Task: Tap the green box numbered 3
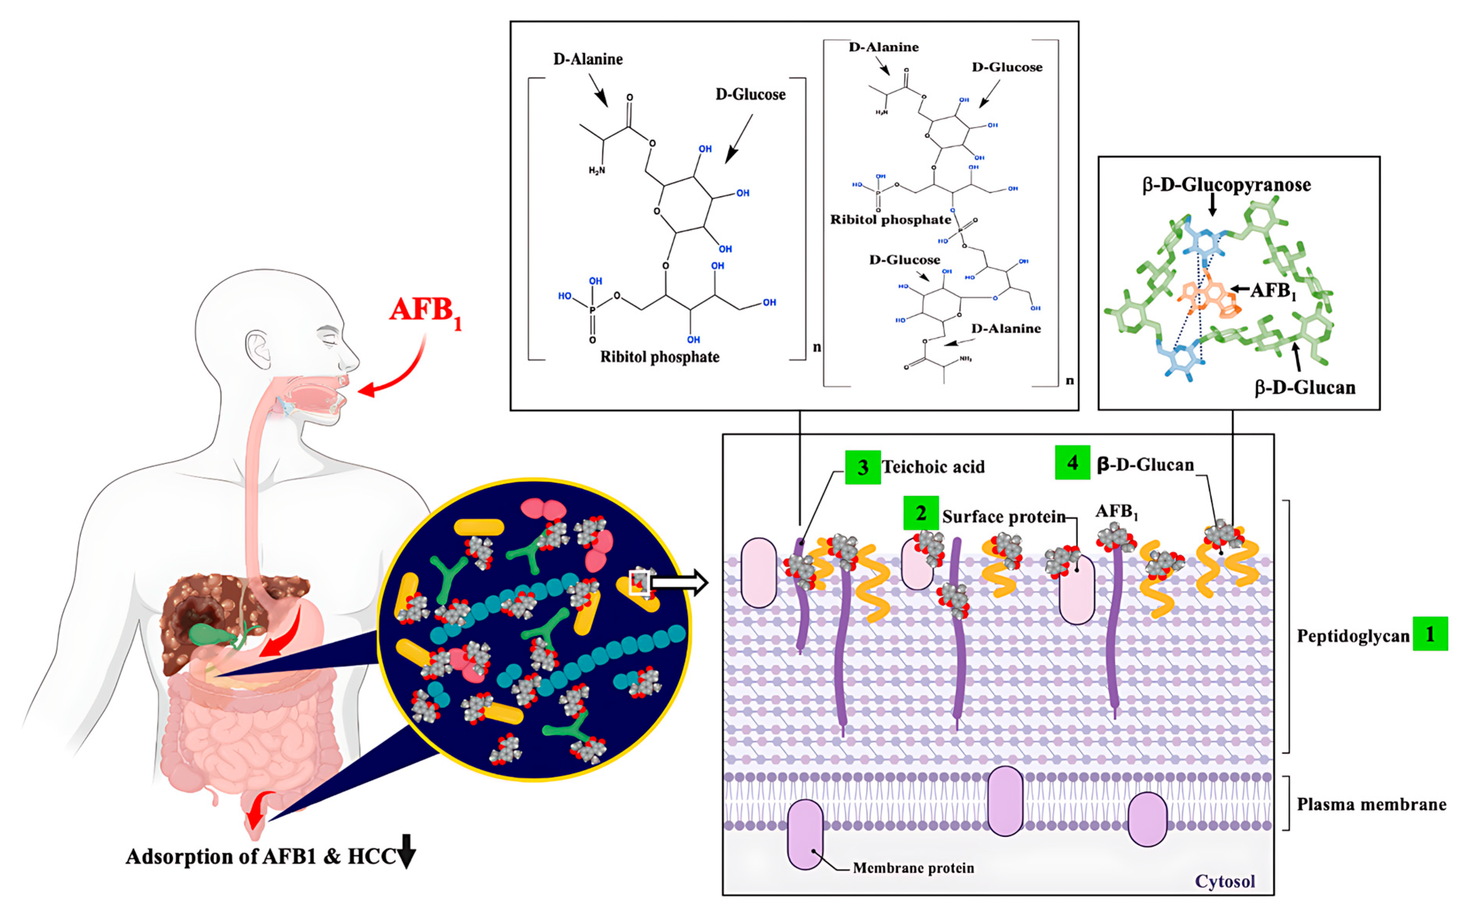click(862, 468)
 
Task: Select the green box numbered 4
click(1072, 463)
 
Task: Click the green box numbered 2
click(921, 513)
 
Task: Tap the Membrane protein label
click(913, 868)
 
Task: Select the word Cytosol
click(1225, 881)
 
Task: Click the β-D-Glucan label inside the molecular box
click(1305, 387)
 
